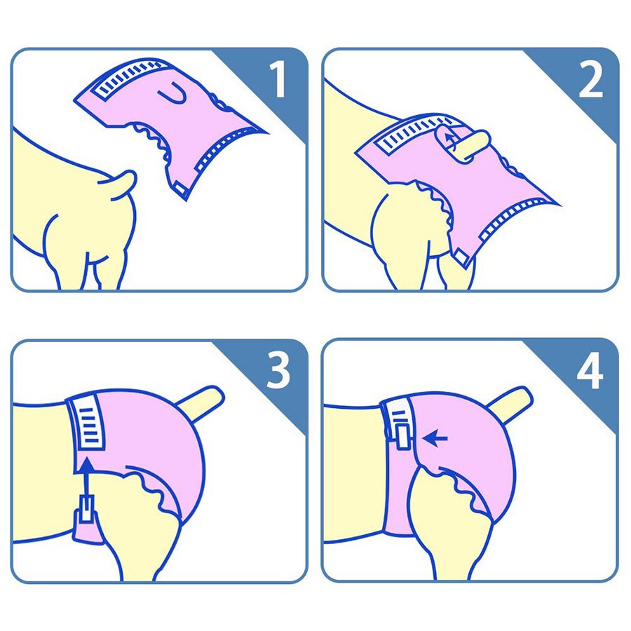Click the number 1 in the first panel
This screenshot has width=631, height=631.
278,79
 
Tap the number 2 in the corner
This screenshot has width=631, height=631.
591,80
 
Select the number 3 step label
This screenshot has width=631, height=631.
278,371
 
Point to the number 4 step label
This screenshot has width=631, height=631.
590,371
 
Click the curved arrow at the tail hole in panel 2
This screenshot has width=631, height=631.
449,141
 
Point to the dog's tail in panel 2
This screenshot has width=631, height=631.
463,144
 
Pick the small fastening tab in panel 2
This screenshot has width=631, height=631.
461,257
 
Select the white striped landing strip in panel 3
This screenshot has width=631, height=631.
86,423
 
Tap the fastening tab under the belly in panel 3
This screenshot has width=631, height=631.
86,510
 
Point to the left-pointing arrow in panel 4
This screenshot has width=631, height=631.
435,438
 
